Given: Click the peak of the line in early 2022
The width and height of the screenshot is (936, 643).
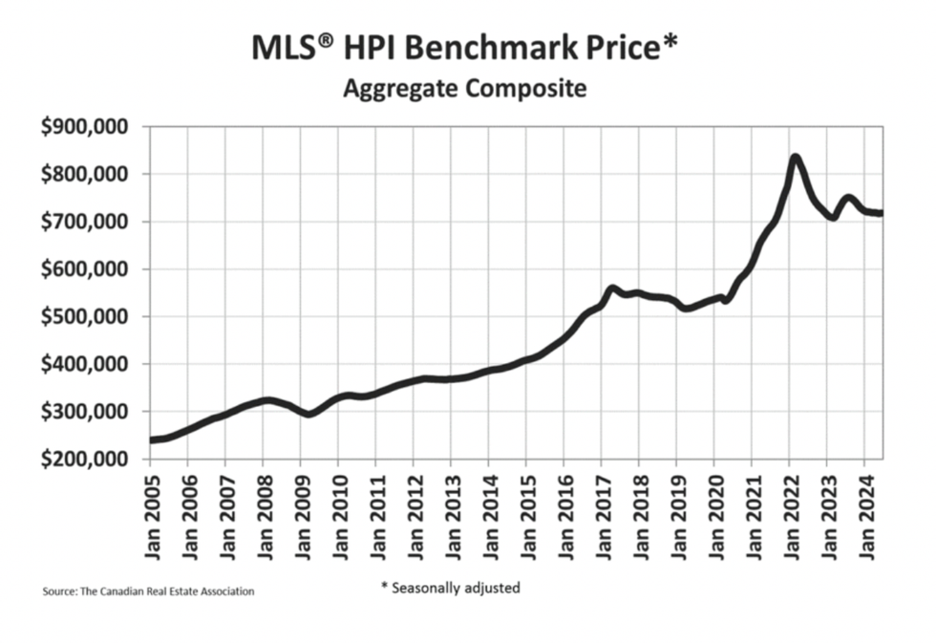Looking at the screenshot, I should (795, 157).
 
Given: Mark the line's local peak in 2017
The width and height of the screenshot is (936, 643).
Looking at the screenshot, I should (611, 288).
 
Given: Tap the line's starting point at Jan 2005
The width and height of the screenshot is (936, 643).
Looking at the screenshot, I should (151, 440).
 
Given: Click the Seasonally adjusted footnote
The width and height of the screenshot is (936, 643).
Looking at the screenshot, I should (449, 588).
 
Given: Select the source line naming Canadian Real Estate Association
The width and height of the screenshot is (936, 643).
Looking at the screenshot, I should (148, 592).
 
